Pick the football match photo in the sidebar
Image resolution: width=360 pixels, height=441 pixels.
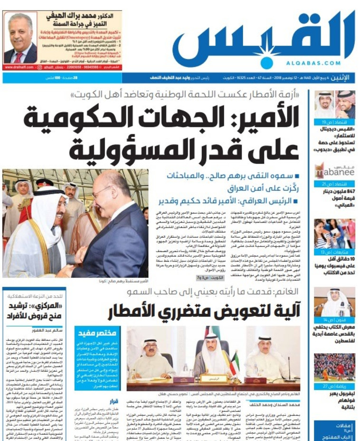click(334, 367)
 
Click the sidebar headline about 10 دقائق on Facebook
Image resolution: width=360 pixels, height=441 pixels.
click(334, 267)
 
